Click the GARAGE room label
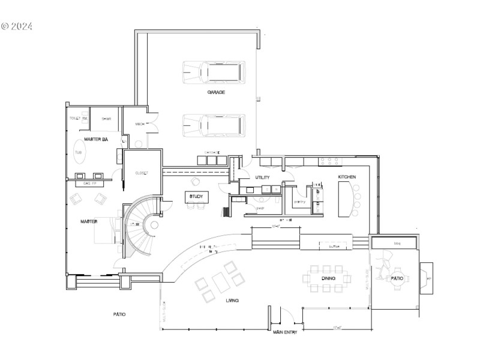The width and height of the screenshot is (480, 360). click(x=216, y=92)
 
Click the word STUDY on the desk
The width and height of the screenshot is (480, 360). click(x=196, y=197)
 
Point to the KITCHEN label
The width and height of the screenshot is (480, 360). click(x=347, y=177)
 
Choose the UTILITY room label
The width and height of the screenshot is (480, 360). click(x=262, y=178)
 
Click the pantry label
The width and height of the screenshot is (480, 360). click(x=299, y=202)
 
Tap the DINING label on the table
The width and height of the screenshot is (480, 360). click(x=328, y=278)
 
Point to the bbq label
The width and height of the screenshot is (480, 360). click(x=397, y=243)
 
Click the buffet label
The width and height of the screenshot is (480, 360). click(x=334, y=245)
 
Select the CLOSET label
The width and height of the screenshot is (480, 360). click(x=141, y=173)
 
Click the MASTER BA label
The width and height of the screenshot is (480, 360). click(x=95, y=139)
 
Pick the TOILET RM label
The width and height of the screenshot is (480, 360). click(x=79, y=118)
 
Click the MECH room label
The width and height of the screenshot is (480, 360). click(x=140, y=124)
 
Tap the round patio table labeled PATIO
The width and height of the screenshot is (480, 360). click(x=397, y=278)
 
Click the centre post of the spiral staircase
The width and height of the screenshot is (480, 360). click(x=154, y=225)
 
